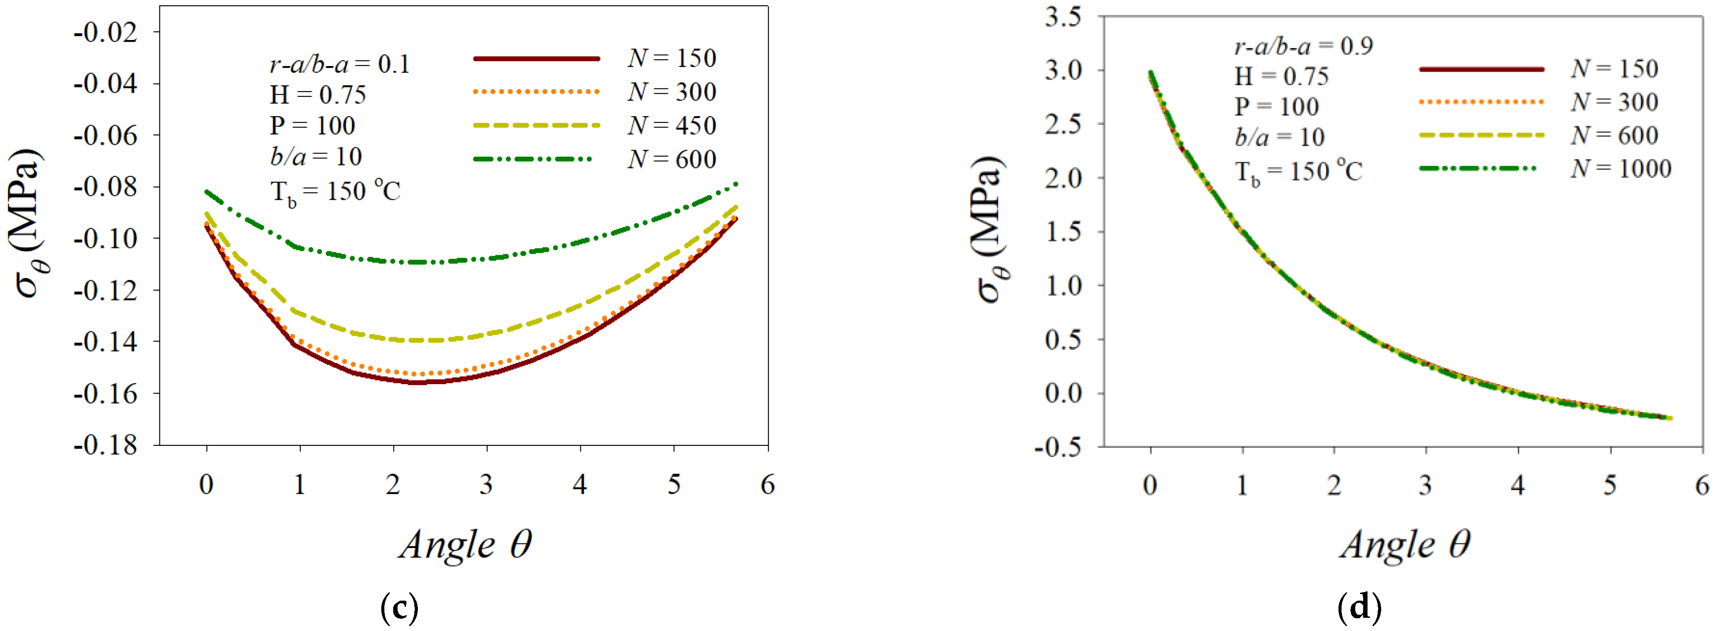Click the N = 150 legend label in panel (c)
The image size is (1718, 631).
tap(671, 59)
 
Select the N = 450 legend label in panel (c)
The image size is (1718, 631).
tap(671, 126)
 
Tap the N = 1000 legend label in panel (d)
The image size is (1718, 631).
tap(1621, 169)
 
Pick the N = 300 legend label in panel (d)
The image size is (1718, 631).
tap(1614, 102)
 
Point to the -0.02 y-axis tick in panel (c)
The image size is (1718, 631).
tap(105, 32)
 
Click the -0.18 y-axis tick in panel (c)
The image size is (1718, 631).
tap(105, 445)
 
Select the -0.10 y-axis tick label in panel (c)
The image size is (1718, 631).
tap(105, 238)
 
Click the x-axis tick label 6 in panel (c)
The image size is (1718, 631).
tap(767, 484)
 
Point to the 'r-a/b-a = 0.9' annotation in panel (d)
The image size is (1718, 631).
tap(1303, 46)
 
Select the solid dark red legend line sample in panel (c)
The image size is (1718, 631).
tap(536, 59)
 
